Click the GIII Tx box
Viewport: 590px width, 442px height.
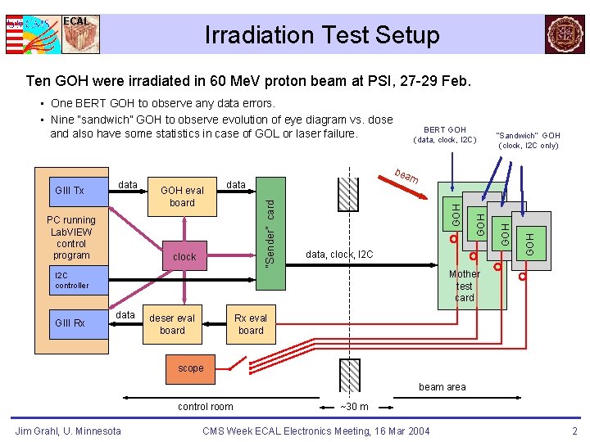pyautogui.click(x=70, y=191)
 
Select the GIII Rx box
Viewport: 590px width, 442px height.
pyautogui.click(x=70, y=323)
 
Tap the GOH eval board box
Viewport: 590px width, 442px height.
pyautogui.click(x=182, y=196)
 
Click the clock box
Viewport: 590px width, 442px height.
pyautogui.click(x=184, y=256)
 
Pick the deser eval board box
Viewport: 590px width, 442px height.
pyautogui.click(x=172, y=324)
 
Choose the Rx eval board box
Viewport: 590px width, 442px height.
pyautogui.click(x=251, y=324)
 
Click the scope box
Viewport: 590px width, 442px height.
pyautogui.click(x=190, y=368)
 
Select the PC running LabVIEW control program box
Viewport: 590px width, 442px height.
pyautogui.click(x=71, y=237)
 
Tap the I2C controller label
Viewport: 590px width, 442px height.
pyautogui.click(x=71, y=281)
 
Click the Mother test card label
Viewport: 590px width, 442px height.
pyautogui.click(x=465, y=286)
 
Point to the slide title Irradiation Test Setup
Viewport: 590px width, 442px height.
pyautogui.click(x=322, y=35)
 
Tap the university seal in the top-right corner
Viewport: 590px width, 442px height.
pyautogui.click(x=565, y=34)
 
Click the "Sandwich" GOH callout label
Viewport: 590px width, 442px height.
pyautogui.click(x=529, y=140)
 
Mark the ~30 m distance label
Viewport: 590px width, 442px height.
pyautogui.click(x=355, y=407)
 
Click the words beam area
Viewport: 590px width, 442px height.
pyautogui.click(x=442, y=387)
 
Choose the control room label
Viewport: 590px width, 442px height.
pyautogui.click(x=206, y=407)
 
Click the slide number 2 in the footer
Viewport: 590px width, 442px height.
pyautogui.click(x=574, y=431)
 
